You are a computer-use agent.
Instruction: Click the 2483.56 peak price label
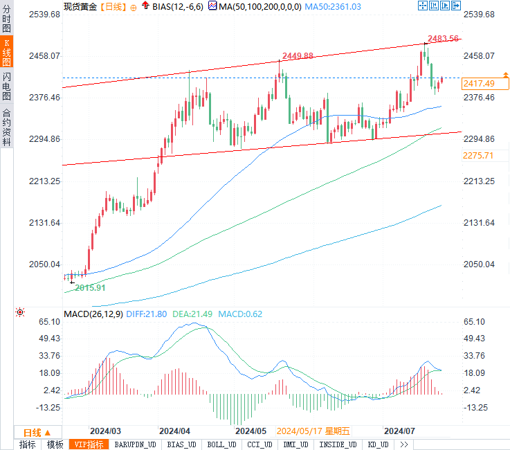(x=443, y=39)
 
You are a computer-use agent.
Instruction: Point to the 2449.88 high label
(x=298, y=56)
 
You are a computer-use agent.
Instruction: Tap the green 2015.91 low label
(x=90, y=287)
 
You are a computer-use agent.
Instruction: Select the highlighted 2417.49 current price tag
(x=479, y=83)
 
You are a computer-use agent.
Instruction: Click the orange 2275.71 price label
(x=478, y=156)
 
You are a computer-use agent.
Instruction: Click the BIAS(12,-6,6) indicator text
(x=178, y=6)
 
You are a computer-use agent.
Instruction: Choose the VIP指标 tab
(x=89, y=444)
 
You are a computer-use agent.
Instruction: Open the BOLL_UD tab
(x=221, y=444)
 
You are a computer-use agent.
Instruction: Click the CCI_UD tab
(x=259, y=444)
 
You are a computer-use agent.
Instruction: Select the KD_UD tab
(x=378, y=444)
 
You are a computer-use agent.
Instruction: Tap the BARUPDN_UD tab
(x=135, y=444)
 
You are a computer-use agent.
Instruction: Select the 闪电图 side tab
(x=7, y=87)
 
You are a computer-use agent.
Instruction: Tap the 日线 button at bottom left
(x=37, y=431)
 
